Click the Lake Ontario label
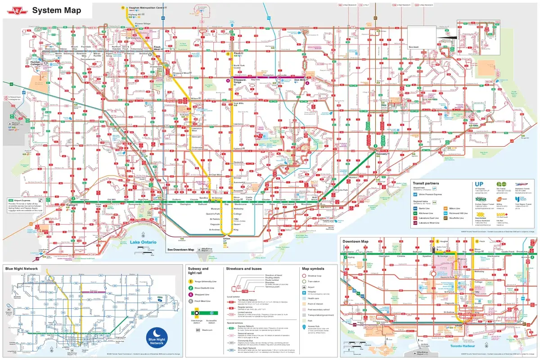[143, 243]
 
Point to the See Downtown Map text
[180, 249]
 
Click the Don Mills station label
[300, 80]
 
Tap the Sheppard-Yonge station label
[240, 81]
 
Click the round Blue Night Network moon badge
[157, 335]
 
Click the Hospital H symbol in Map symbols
[304, 293]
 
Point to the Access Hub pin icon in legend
[304, 327]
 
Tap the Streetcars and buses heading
[243, 269]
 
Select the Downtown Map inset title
[355, 242]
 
